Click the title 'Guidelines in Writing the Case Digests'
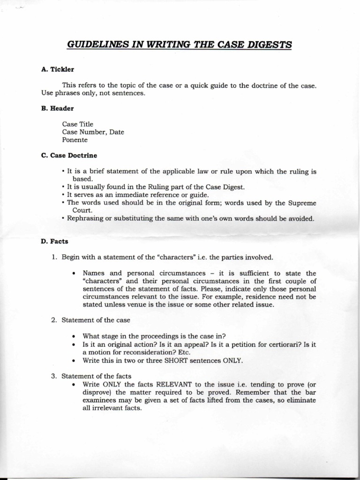[x=180, y=45]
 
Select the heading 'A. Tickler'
[x=58, y=69]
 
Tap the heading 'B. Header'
[x=58, y=108]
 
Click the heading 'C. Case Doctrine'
[x=69, y=155]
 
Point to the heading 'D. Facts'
[x=55, y=241]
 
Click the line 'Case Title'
[x=78, y=124]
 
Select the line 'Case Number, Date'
[x=93, y=132]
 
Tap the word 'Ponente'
[x=75, y=140]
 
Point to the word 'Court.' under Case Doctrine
[x=82, y=211]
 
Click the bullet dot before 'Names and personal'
[x=74, y=273]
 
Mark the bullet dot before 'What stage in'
[x=74, y=336]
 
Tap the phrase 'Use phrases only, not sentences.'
[x=93, y=93]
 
